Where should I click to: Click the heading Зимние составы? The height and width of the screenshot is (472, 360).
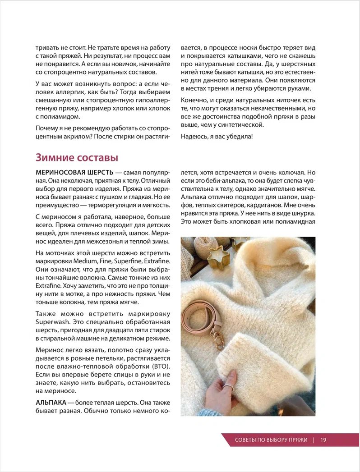click(x=77, y=158)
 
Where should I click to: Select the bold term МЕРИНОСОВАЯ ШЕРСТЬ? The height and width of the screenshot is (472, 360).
click(x=73, y=173)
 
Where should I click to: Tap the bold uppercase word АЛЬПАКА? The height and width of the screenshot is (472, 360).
click(x=51, y=402)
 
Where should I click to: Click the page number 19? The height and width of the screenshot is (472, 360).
click(x=323, y=440)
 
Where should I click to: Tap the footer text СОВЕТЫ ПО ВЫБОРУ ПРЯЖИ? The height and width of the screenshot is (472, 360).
click(x=271, y=440)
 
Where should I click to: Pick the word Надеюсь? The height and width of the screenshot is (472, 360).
click(x=195, y=137)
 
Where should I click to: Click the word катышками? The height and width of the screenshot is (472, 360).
click(x=240, y=56)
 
